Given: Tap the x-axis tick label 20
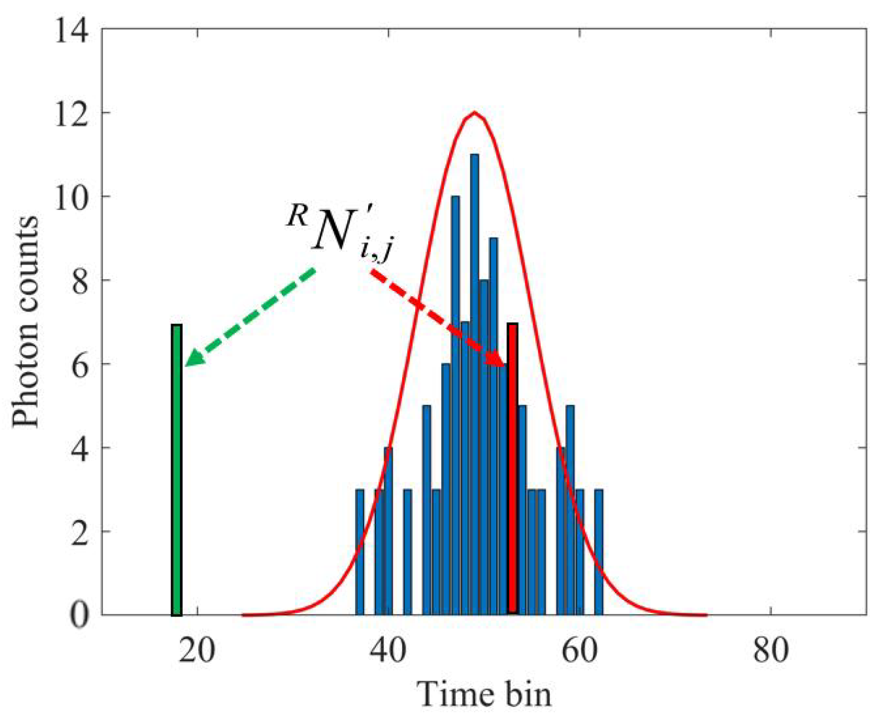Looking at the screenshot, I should tap(197, 651).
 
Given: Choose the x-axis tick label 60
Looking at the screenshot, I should tap(579, 651).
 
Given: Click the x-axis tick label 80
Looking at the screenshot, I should tap(770, 651).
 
